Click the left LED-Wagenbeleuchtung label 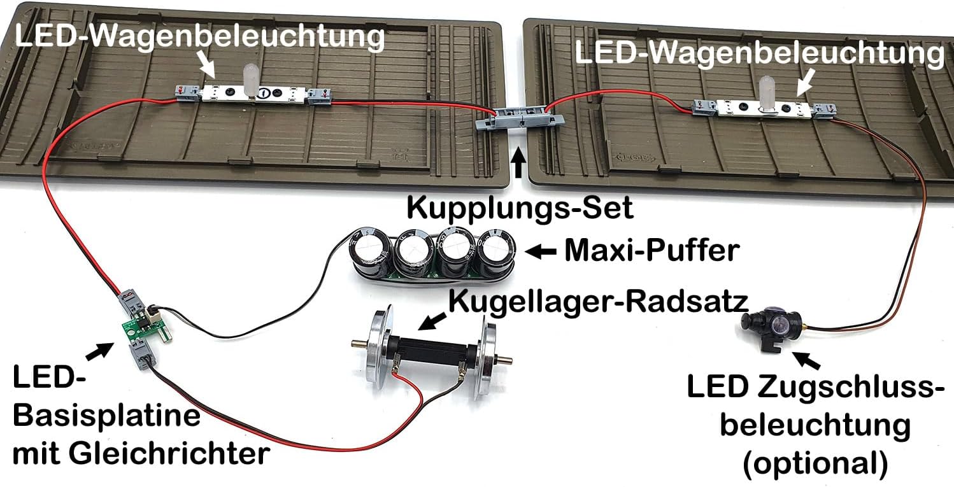tap(200, 36)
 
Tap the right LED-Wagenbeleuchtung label tap(758, 54)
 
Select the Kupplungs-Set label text tap(520, 208)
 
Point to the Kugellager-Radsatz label tap(597, 301)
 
